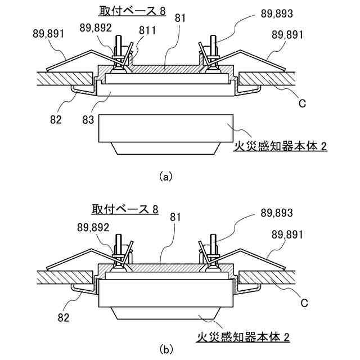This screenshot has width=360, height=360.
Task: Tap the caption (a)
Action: tap(165, 176)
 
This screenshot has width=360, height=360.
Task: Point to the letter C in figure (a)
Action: tap(302, 104)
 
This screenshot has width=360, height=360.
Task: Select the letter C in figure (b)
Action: tap(303, 303)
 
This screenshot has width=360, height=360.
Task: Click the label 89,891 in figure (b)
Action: tap(287, 233)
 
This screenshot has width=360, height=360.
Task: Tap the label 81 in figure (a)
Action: tap(180, 18)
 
